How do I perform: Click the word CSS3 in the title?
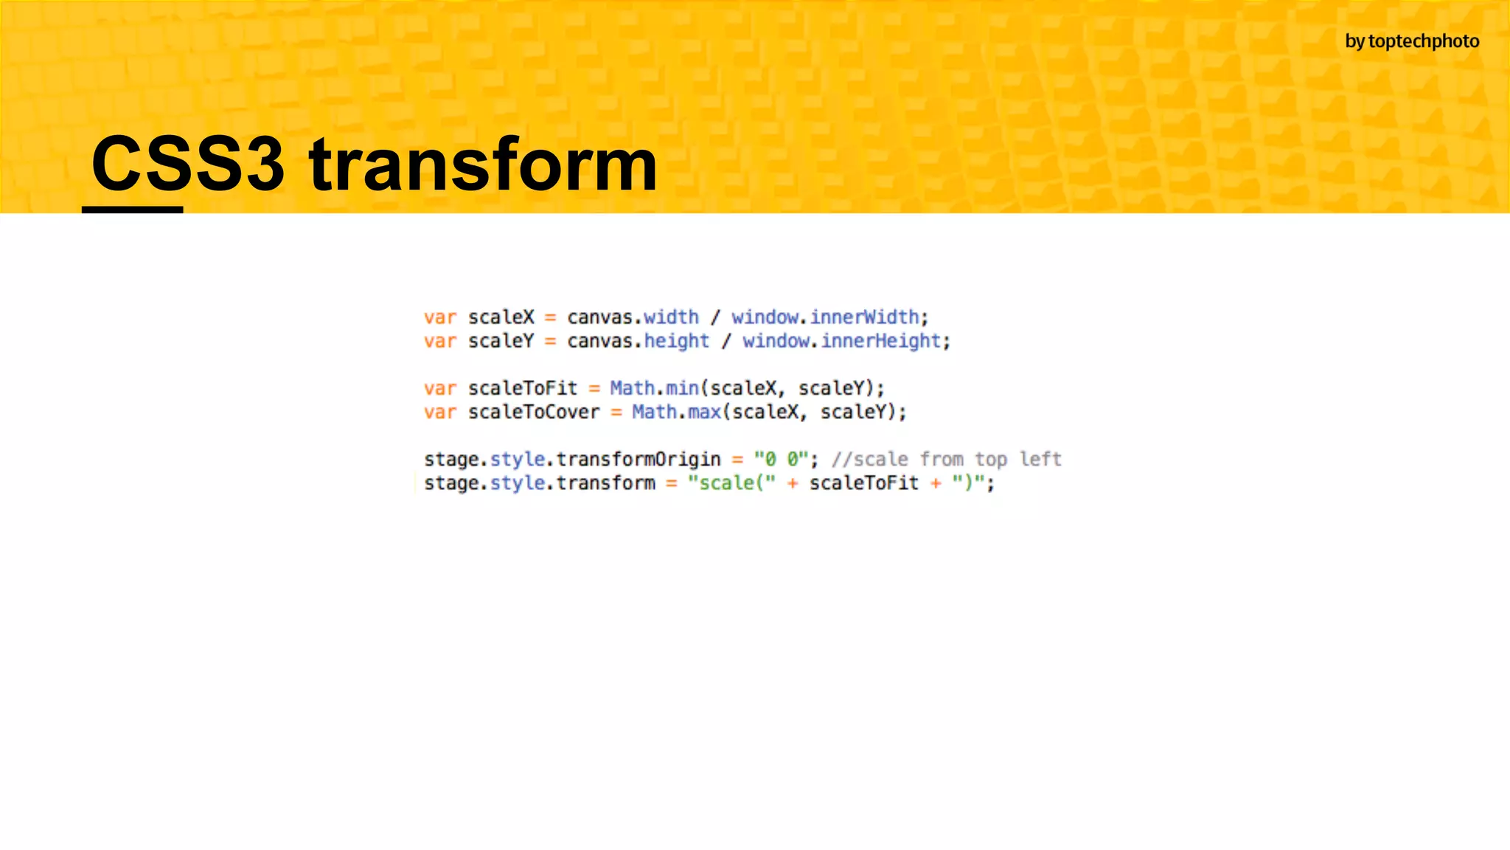(x=187, y=164)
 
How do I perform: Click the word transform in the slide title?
(x=483, y=164)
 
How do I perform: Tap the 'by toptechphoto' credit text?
(x=1411, y=41)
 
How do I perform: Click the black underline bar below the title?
(x=132, y=210)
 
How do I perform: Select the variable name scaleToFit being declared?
(x=523, y=388)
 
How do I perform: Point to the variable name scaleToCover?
(x=534, y=412)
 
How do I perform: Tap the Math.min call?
(x=654, y=388)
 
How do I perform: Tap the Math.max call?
(x=676, y=412)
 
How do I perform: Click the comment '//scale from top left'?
(x=946, y=459)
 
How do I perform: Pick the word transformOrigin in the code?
(x=638, y=459)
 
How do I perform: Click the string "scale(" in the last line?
(x=731, y=483)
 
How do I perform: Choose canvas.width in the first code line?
(x=633, y=317)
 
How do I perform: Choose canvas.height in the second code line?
(x=638, y=341)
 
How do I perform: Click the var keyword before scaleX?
(x=440, y=317)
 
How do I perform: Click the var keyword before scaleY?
(x=440, y=341)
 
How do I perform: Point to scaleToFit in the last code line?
(x=863, y=483)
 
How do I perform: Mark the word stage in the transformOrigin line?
(x=451, y=459)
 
